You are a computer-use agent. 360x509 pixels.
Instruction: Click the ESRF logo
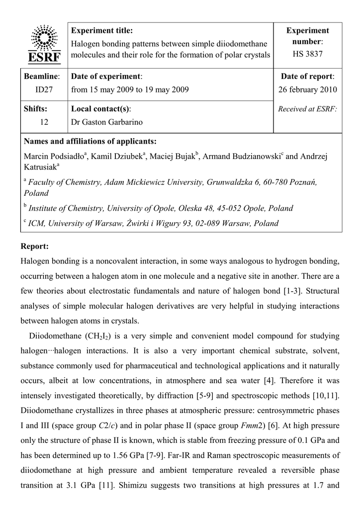pos(45,44)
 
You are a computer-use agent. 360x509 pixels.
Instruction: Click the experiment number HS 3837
pos(308,54)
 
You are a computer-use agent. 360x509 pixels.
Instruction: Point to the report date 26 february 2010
pos(308,89)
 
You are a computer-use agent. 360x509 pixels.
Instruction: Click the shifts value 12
pos(44,122)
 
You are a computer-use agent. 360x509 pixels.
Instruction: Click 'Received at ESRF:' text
pos(308,109)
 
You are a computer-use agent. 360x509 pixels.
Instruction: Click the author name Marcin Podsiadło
pos(54,157)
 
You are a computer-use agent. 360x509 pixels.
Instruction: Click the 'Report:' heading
pos(35,246)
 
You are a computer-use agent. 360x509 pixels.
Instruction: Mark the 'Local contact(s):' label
pos(103,109)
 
